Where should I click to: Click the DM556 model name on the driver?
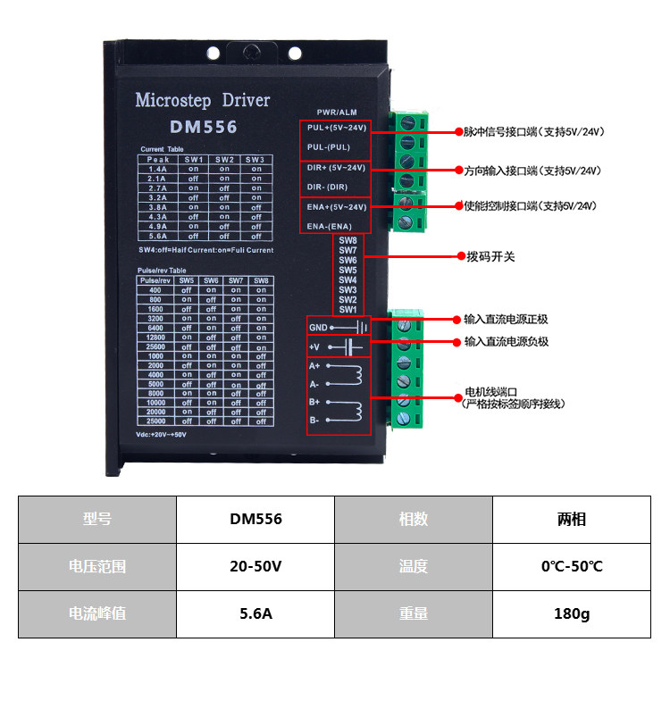click(x=203, y=127)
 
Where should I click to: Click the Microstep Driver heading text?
click(x=202, y=100)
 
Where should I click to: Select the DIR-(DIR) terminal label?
click(x=327, y=187)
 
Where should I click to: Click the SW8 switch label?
click(x=348, y=241)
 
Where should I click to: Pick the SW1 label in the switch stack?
click(x=348, y=309)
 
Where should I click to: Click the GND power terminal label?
click(x=318, y=327)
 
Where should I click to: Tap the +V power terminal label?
click(x=314, y=346)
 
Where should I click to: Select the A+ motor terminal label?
click(x=314, y=366)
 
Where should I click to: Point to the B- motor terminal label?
click(x=314, y=420)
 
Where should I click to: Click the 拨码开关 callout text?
click(x=490, y=256)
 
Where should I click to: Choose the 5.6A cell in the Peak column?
click(x=158, y=237)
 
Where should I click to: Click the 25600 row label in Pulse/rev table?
click(x=156, y=346)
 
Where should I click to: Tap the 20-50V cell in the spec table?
click(x=255, y=566)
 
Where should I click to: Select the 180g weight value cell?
click(x=572, y=613)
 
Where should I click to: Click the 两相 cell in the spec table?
click(x=572, y=519)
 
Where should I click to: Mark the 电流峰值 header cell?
click(x=97, y=613)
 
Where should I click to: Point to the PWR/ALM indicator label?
click(x=337, y=113)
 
